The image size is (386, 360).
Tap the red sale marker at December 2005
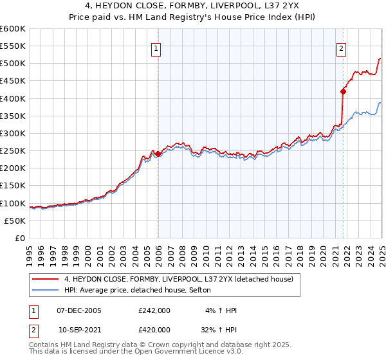158,154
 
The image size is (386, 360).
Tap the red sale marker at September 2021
343,91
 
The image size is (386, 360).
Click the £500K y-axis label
13,64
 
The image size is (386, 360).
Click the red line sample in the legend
45,279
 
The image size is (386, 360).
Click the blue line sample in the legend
45,291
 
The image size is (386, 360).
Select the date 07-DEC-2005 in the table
79,310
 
